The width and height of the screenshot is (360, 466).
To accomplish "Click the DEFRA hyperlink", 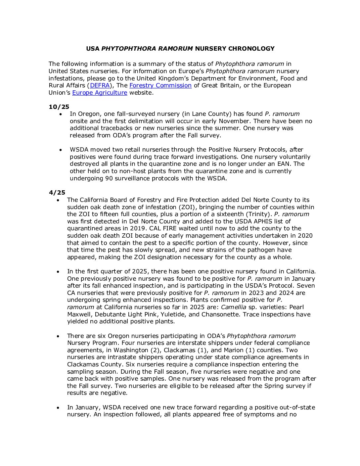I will click(x=100, y=85).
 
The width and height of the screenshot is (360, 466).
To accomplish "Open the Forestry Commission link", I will click(x=160, y=85).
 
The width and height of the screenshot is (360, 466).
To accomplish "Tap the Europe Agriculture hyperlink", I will click(x=100, y=93).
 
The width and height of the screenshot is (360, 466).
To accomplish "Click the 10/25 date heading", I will click(x=59, y=107).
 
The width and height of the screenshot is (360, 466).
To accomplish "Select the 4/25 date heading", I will click(x=57, y=193).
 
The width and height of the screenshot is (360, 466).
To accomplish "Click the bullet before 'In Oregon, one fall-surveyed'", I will click(x=61, y=114).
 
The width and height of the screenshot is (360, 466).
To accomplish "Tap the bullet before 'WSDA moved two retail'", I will click(x=61, y=150).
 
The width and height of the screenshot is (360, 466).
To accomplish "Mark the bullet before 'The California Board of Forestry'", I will click(x=58, y=200).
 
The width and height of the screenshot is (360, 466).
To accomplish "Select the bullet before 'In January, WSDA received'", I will click(x=58, y=408).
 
